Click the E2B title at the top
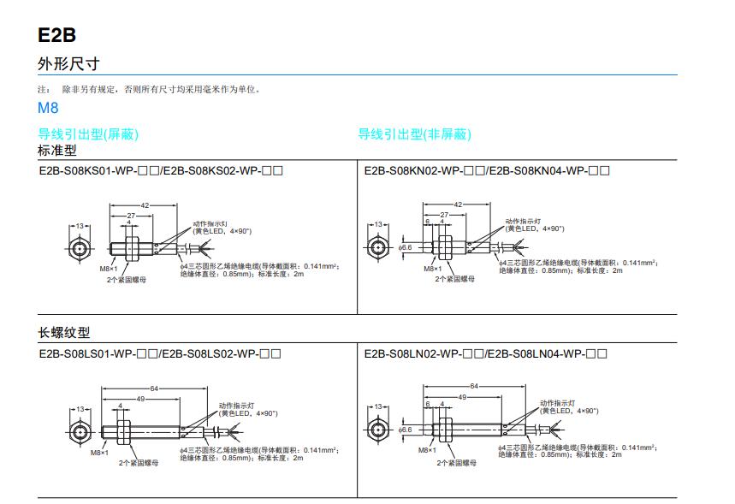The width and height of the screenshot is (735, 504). pos(56,35)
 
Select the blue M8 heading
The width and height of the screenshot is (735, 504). pos(48,109)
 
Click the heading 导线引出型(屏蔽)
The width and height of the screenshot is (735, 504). pos(88,134)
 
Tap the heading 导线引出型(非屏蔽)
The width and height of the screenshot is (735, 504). pos(414,134)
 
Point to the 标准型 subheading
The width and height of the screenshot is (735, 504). pos(57,150)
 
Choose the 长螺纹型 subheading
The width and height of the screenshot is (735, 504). pos(63,333)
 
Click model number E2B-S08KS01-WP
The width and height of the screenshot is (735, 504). pos(85,170)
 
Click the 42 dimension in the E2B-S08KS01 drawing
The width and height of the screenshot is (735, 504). pos(145,205)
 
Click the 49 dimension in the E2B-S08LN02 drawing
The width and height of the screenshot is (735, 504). pos(461,397)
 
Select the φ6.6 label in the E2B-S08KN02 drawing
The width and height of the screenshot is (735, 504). pos(406,247)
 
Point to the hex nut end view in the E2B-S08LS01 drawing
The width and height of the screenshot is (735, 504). pos(80,430)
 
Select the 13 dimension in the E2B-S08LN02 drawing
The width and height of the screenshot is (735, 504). pos(377,407)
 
